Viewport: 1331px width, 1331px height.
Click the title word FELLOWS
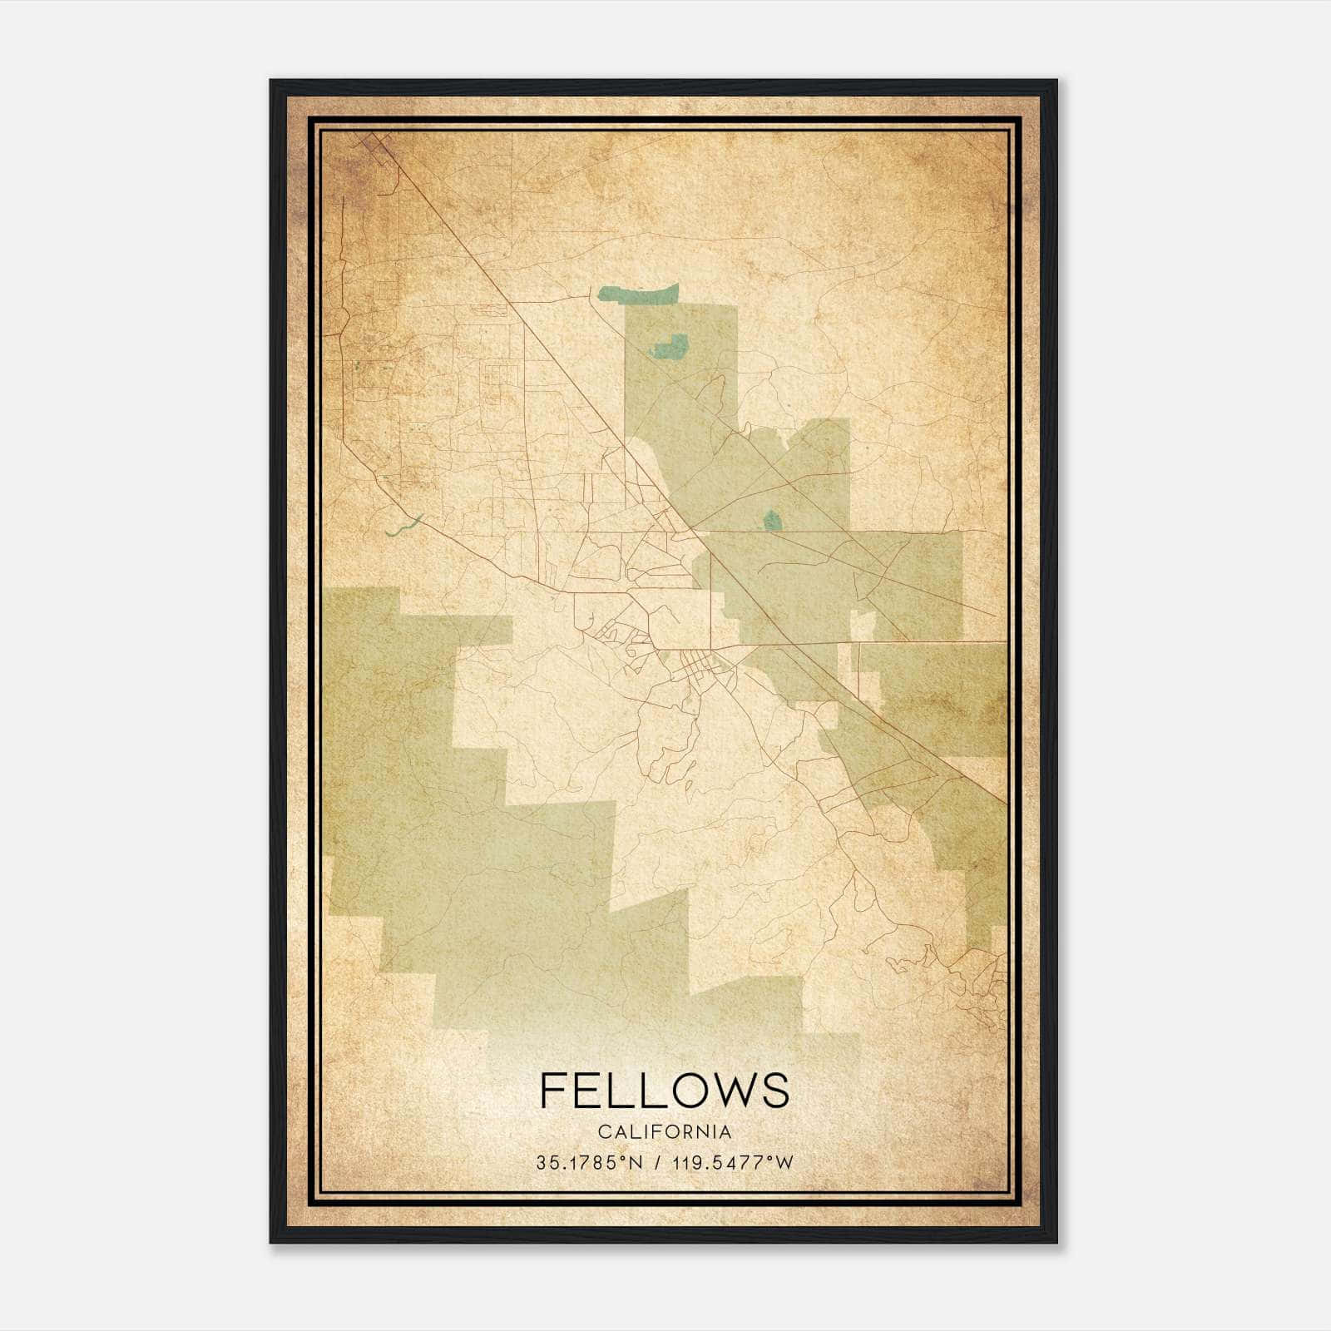pos(664,1090)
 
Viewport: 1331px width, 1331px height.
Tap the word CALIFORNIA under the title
pos(664,1132)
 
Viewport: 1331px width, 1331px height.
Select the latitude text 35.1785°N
pos(590,1163)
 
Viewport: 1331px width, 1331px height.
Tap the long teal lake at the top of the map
pos(639,293)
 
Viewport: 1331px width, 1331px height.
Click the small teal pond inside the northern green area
pos(670,345)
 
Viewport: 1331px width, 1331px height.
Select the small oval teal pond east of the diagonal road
pos(772,521)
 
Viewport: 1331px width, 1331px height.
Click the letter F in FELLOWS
pos(553,1090)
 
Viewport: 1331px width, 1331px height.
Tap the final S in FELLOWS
pos(776,1090)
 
